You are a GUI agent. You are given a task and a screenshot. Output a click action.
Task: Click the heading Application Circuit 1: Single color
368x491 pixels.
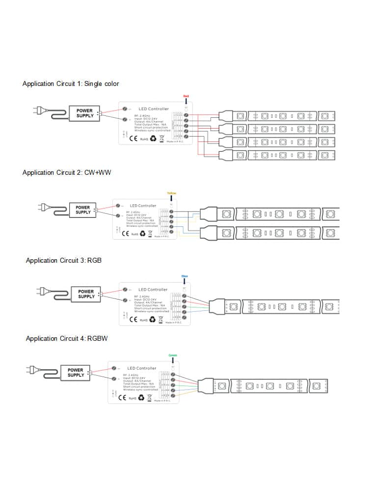71,84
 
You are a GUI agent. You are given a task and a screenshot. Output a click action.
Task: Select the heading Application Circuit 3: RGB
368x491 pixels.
64,260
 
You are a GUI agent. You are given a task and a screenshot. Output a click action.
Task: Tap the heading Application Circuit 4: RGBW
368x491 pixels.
67,338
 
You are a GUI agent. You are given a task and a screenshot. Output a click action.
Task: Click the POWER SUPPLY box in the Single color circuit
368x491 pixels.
84,113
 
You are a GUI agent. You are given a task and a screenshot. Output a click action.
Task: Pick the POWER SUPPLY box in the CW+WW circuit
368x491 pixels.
83,210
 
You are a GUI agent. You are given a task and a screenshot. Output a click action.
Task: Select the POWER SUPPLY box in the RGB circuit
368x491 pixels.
86,294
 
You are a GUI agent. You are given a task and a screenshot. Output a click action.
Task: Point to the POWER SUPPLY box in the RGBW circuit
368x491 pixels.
76,373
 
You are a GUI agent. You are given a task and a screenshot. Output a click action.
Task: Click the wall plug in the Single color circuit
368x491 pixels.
37,110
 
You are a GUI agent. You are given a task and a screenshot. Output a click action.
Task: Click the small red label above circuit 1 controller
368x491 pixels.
186,96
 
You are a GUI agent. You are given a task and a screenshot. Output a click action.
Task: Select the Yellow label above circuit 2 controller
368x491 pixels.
171,193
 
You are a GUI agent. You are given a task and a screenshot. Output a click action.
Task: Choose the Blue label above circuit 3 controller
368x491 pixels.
184,276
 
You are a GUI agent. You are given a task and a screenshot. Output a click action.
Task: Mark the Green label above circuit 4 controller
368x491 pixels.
172,355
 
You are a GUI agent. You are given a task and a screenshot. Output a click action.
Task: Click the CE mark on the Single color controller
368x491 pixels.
132,139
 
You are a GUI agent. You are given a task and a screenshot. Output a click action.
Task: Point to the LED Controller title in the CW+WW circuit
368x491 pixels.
143,206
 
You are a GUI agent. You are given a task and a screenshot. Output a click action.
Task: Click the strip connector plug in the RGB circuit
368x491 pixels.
216,307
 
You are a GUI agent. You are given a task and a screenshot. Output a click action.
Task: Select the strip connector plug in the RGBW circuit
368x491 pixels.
206,385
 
